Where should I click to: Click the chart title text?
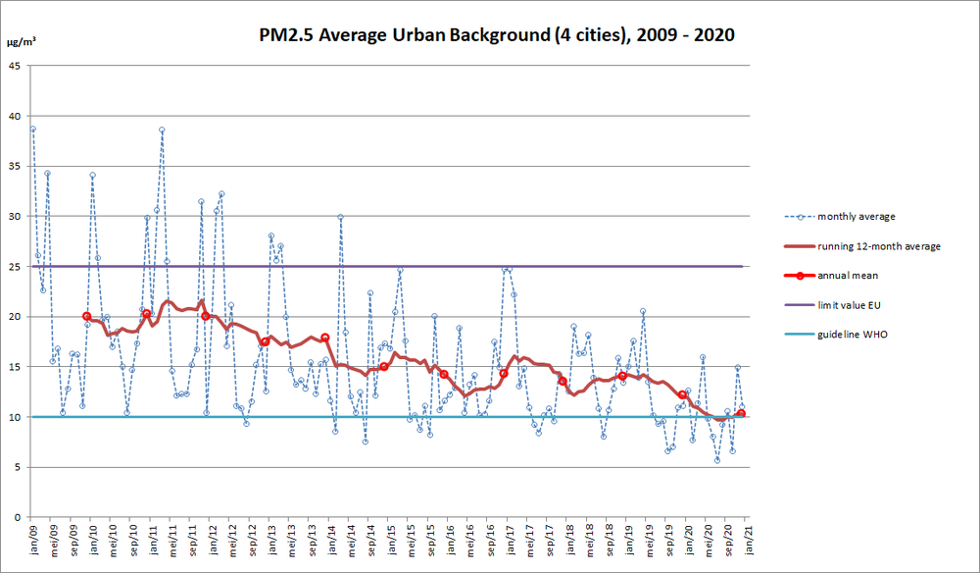[493, 35]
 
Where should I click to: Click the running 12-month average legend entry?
[878, 246]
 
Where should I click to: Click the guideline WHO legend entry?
[853, 335]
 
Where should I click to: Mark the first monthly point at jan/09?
[32, 129]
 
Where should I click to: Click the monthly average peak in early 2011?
[162, 130]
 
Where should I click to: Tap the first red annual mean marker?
[87, 316]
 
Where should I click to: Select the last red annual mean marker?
[741, 413]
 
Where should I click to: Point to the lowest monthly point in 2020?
[717, 459]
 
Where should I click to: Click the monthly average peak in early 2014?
[340, 217]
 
